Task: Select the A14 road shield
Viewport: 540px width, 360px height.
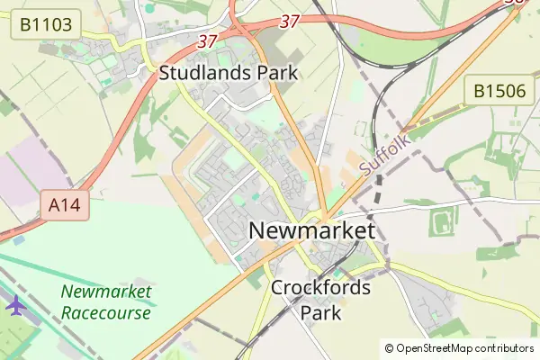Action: coord(65,206)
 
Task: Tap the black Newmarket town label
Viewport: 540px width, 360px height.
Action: coord(311,231)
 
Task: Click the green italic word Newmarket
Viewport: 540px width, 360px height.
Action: coord(106,292)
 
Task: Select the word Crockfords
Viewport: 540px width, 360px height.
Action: coord(320,289)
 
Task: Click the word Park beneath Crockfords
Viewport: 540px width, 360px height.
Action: coord(320,313)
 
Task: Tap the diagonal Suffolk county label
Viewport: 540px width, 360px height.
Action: coord(385,155)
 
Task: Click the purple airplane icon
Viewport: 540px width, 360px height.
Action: coord(16,305)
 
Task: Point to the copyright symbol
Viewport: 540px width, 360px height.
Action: coord(389,348)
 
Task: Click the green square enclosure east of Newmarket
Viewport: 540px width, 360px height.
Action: coord(442,220)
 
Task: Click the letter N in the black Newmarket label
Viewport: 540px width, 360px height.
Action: coord(256,231)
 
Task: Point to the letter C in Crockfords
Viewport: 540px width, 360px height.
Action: coord(277,289)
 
